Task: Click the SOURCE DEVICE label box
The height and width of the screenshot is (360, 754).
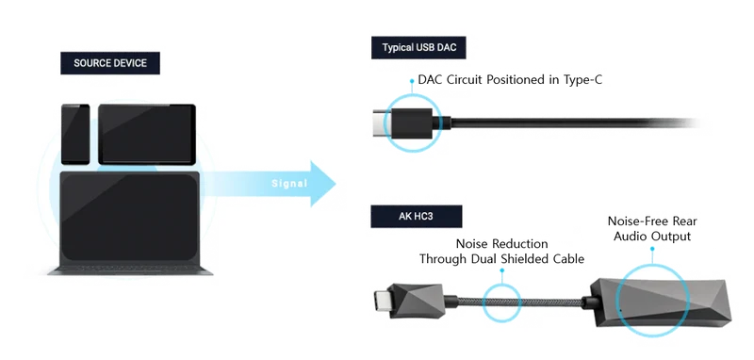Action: point(110,63)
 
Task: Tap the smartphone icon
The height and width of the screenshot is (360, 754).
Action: point(75,134)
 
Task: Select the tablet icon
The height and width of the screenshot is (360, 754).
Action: point(147,134)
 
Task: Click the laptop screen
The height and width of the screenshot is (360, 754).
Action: point(130,219)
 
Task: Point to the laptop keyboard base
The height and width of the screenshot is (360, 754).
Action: point(130,270)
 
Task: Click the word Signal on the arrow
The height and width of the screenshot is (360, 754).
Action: point(289,183)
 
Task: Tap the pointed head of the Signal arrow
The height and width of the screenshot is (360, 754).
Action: point(335,184)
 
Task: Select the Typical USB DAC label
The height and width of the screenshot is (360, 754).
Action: point(418,47)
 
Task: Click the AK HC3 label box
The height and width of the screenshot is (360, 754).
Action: point(416,217)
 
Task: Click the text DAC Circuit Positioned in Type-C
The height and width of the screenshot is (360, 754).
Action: point(510,80)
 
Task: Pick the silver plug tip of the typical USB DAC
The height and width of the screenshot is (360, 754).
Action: point(383,123)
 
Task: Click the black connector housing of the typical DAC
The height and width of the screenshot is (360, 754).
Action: point(413,123)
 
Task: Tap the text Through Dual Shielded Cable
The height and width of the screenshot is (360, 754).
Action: point(501,258)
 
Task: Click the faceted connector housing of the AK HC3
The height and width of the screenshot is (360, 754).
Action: point(415,302)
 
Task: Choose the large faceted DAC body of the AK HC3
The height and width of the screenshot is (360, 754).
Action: point(661,302)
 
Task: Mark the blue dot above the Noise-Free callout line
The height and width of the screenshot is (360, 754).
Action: point(652,249)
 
